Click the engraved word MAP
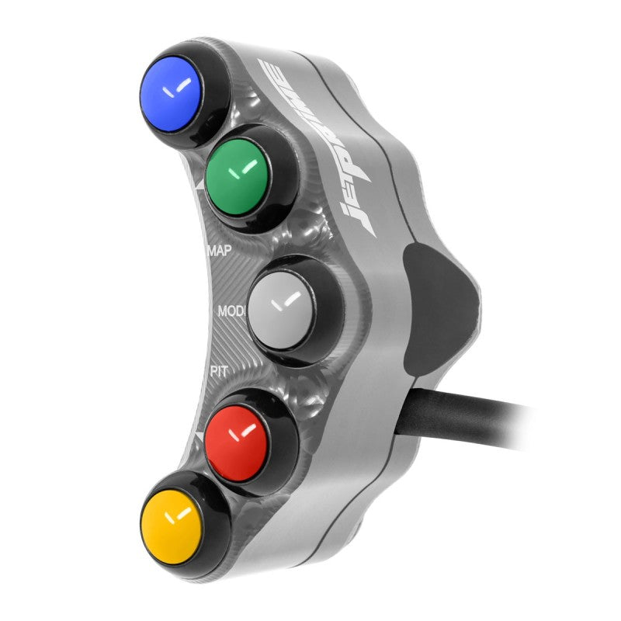(x=222, y=251)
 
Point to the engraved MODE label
(x=231, y=310)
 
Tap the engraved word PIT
(x=219, y=372)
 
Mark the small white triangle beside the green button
(x=199, y=186)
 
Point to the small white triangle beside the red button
(x=199, y=440)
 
